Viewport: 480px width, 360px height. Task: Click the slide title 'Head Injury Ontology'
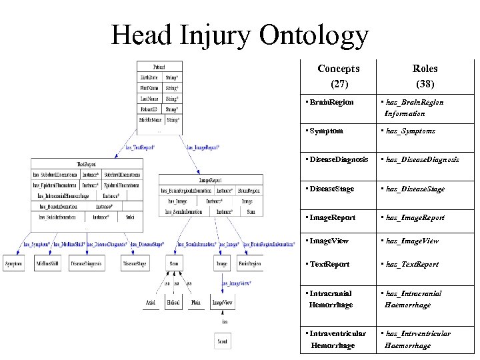(240, 34)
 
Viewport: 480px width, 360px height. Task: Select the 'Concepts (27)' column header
(338, 76)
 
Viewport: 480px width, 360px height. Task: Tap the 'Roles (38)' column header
(425, 76)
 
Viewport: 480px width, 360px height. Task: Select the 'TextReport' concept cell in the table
(329, 264)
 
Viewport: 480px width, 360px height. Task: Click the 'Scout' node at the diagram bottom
(222, 340)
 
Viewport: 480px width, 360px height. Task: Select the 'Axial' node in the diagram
(151, 303)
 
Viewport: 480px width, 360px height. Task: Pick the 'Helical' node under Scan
(173, 303)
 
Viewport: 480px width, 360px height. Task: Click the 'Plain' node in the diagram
(195, 303)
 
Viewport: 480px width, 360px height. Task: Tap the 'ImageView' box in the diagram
(222, 303)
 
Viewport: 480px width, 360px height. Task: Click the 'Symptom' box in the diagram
(14, 264)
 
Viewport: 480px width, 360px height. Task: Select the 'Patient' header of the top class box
(159, 67)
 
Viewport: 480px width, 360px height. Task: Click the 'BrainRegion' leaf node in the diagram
(249, 264)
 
